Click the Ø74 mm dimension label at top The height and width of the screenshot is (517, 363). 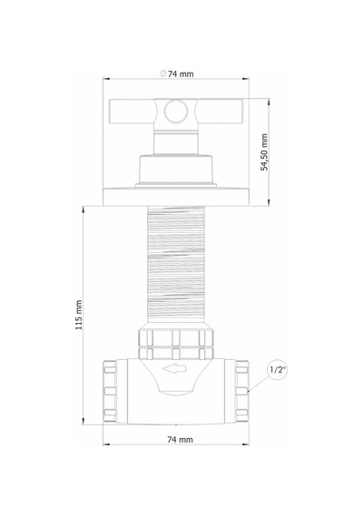(177, 73)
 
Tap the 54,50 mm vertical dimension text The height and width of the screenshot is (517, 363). (264, 152)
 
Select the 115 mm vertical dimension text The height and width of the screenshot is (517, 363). (79, 315)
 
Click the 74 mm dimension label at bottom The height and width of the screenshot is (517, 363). (180, 440)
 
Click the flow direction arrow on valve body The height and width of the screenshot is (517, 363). (174, 369)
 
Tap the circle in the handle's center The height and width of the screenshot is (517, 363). (176, 111)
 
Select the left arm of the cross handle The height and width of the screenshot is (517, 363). (132, 112)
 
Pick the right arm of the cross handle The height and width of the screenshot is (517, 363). (221, 112)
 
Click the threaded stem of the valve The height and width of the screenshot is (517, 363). (176, 265)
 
